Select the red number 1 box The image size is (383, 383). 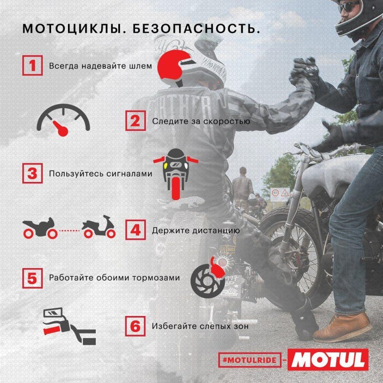pos(31,65)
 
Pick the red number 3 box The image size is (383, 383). pos(31,174)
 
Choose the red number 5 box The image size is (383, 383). pos(31,277)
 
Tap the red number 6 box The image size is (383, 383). pos(135,326)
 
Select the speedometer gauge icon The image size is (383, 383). pos(64,119)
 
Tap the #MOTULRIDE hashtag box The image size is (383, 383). pos(249,360)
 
